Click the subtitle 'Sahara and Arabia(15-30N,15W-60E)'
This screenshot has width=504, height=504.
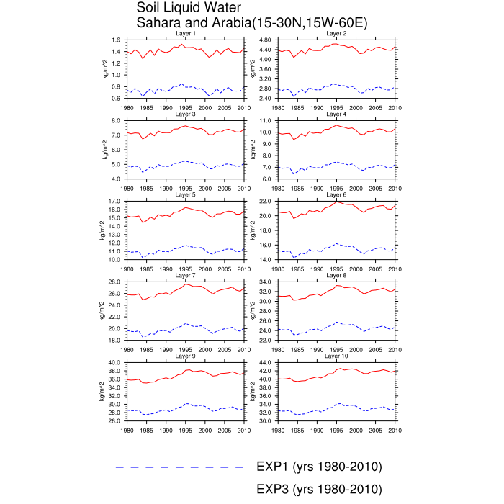(x=253, y=23)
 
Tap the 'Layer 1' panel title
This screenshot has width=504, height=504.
(x=185, y=34)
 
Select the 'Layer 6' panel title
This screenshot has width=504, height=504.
(x=336, y=194)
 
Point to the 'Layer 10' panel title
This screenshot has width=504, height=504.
(x=336, y=356)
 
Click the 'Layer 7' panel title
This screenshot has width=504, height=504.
(x=185, y=275)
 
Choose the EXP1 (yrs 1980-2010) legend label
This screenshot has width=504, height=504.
(x=319, y=467)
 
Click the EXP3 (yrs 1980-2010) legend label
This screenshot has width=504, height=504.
(x=319, y=489)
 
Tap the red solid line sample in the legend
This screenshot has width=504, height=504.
(x=180, y=490)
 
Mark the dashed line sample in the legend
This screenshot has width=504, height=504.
(x=180, y=468)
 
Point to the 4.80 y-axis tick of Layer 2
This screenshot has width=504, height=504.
(x=264, y=40)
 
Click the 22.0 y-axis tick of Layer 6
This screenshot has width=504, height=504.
(x=264, y=202)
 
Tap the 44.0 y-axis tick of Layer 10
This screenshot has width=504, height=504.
(x=264, y=363)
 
